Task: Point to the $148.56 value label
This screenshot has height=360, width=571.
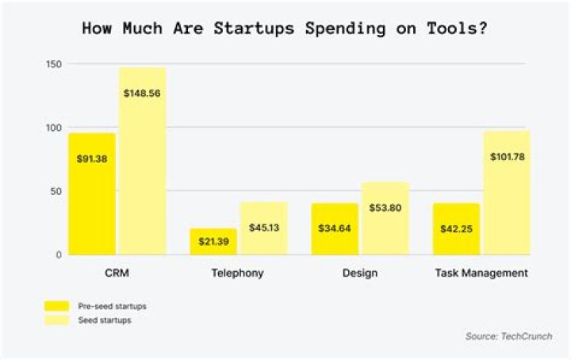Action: click(142, 93)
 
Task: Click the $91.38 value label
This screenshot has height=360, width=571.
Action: click(92, 159)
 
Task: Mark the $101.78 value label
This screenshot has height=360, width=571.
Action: click(507, 156)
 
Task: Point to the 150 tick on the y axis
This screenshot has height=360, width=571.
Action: click(53, 63)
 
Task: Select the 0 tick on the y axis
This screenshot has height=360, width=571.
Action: click(59, 255)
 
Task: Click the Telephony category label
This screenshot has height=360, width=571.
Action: click(238, 274)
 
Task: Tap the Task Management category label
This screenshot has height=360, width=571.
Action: click(481, 274)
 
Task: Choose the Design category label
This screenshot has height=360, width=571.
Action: click(361, 274)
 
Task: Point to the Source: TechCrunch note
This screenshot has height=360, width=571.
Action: click(508, 337)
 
